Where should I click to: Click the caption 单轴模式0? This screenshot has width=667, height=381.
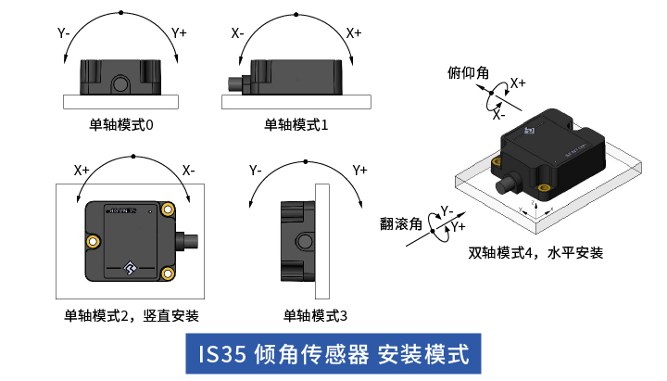pyautogui.click(x=121, y=124)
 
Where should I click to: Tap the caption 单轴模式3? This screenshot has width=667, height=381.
pyautogui.click(x=315, y=316)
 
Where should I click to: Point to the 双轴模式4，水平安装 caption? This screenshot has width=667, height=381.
pyautogui.click(x=535, y=251)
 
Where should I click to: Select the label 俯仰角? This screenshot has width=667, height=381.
pyautogui.click(x=469, y=73)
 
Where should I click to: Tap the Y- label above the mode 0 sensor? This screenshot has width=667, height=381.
pyautogui.click(x=65, y=33)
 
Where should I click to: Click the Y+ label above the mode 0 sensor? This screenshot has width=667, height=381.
pyautogui.click(x=179, y=33)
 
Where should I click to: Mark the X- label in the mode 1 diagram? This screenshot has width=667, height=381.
pyautogui.click(x=238, y=33)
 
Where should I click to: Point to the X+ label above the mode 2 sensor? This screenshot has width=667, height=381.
pyautogui.click(x=82, y=171)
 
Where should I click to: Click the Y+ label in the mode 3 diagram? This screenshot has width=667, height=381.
pyautogui.click(x=360, y=171)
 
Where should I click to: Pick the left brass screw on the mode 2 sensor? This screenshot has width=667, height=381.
pyautogui.click(x=94, y=241)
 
